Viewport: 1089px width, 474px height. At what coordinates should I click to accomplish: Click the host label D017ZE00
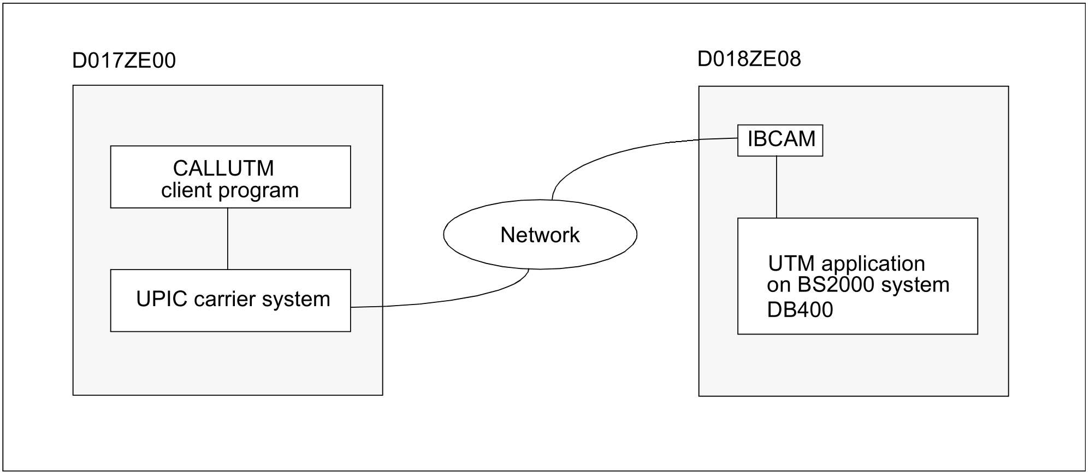tap(124, 61)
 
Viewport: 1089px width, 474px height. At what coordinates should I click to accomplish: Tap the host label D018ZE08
tap(749, 59)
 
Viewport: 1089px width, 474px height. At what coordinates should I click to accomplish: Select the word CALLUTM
tap(223, 168)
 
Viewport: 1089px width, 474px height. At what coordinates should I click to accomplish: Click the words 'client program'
tap(230, 190)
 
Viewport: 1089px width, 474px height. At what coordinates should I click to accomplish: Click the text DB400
tap(800, 310)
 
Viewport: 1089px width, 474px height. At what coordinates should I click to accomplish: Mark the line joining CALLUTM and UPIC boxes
tap(228, 238)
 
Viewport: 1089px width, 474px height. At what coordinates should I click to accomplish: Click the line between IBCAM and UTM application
tap(777, 187)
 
